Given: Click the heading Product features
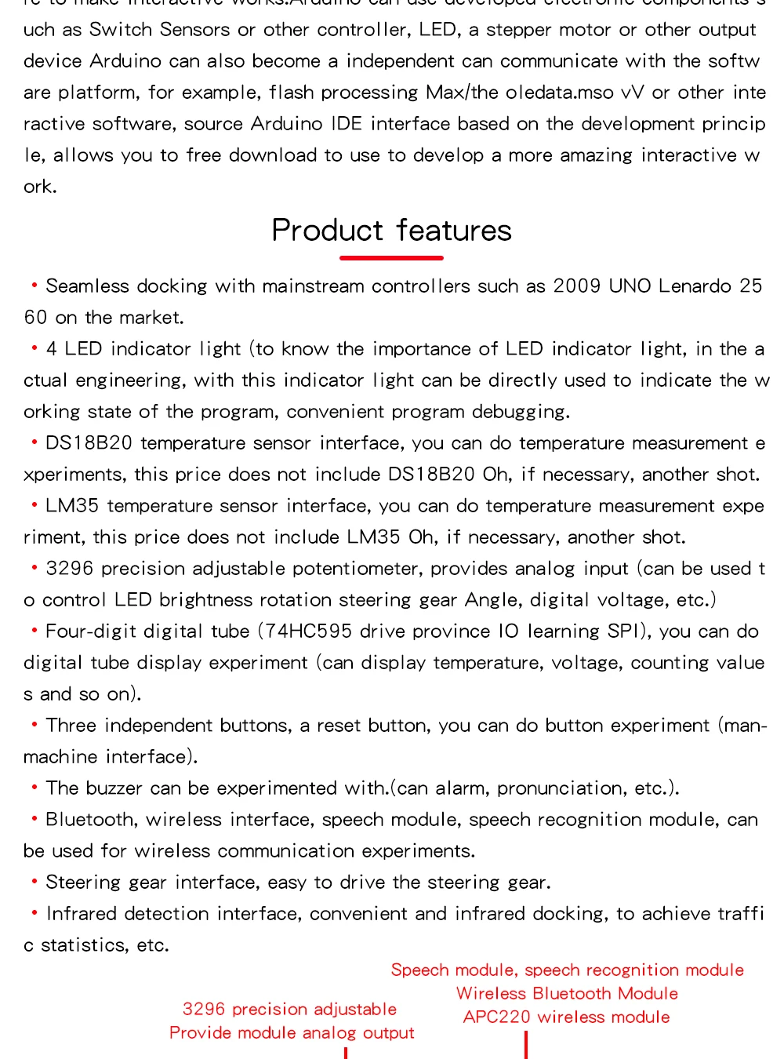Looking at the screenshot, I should coord(391,231).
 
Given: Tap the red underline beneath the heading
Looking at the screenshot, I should coord(391,257).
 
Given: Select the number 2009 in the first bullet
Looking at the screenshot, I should coord(576,286).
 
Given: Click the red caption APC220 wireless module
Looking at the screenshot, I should coord(566,1017).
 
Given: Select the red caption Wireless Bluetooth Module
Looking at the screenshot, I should coord(567,994).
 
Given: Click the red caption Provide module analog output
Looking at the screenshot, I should coord(292,1033).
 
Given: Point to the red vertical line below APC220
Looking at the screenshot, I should coord(526,1045).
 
